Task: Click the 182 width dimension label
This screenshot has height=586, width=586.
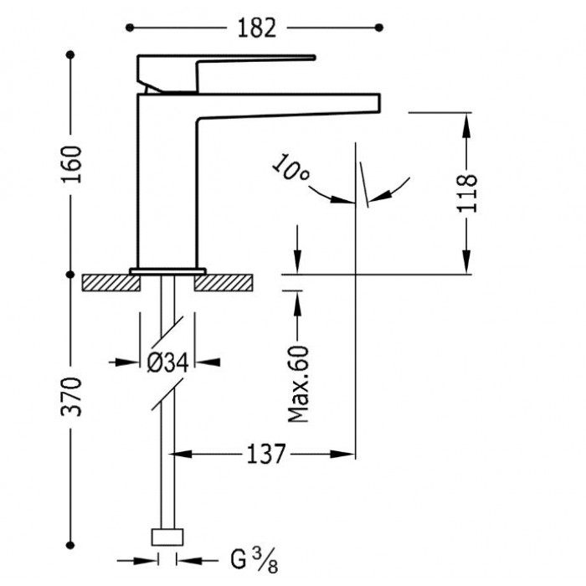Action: pyautogui.click(x=257, y=28)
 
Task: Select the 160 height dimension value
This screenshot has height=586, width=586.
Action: pyautogui.click(x=71, y=164)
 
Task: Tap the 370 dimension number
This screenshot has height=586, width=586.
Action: pyautogui.click(x=71, y=397)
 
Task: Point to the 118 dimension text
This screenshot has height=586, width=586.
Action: pyautogui.click(x=467, y=193)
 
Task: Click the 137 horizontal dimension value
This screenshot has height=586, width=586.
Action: pyautogui.click(x=266, y=455)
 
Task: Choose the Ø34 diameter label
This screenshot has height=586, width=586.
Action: pyautogui.click(x=167, y=362)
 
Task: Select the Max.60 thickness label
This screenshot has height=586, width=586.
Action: pyautogui.click(x=299, y=384)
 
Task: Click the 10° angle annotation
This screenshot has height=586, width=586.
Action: pyautogui.click(x=290, y=167)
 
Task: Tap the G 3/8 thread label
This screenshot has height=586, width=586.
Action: pyautogui.click(x=254, y=559)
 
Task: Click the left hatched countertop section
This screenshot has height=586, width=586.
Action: pyautogui.click(x=111, y=283)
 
